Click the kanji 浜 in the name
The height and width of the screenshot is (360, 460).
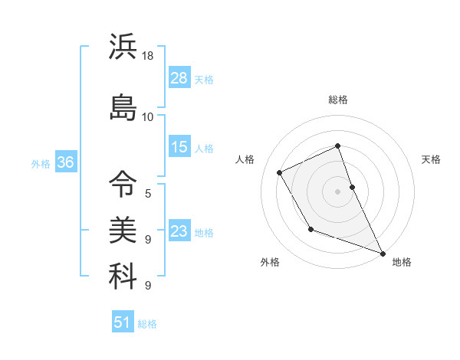(x=123, y=47)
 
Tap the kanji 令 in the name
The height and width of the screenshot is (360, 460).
(x=123, y=183)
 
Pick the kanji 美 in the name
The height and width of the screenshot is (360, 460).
(x=123, y=228)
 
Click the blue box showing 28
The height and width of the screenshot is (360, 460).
(x=179, y=78)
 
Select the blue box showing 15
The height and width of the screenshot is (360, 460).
(x=179, y=147)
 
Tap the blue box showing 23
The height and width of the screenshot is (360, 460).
(x=179, y=231)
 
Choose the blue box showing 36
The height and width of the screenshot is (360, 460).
(x=65, y=162)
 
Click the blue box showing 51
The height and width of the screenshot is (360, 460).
(x=123, y=322)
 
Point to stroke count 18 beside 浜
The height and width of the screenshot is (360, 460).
(x=148, y=57)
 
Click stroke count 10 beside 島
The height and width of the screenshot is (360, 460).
(x=148, y=116)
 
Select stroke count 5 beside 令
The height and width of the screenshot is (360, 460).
(x=148, y=193)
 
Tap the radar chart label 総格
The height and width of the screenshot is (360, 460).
(x=338, y=100)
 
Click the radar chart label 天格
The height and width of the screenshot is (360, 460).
(x=431, y=159)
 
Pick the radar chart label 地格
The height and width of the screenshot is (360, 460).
(x=402, y=262)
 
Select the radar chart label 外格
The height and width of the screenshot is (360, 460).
(x=270, y=262)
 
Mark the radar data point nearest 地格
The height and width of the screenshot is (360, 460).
(x=383, y=253)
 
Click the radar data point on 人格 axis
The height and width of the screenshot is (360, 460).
(x=280, y=172)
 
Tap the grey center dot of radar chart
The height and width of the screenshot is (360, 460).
(x=338, y=191)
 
